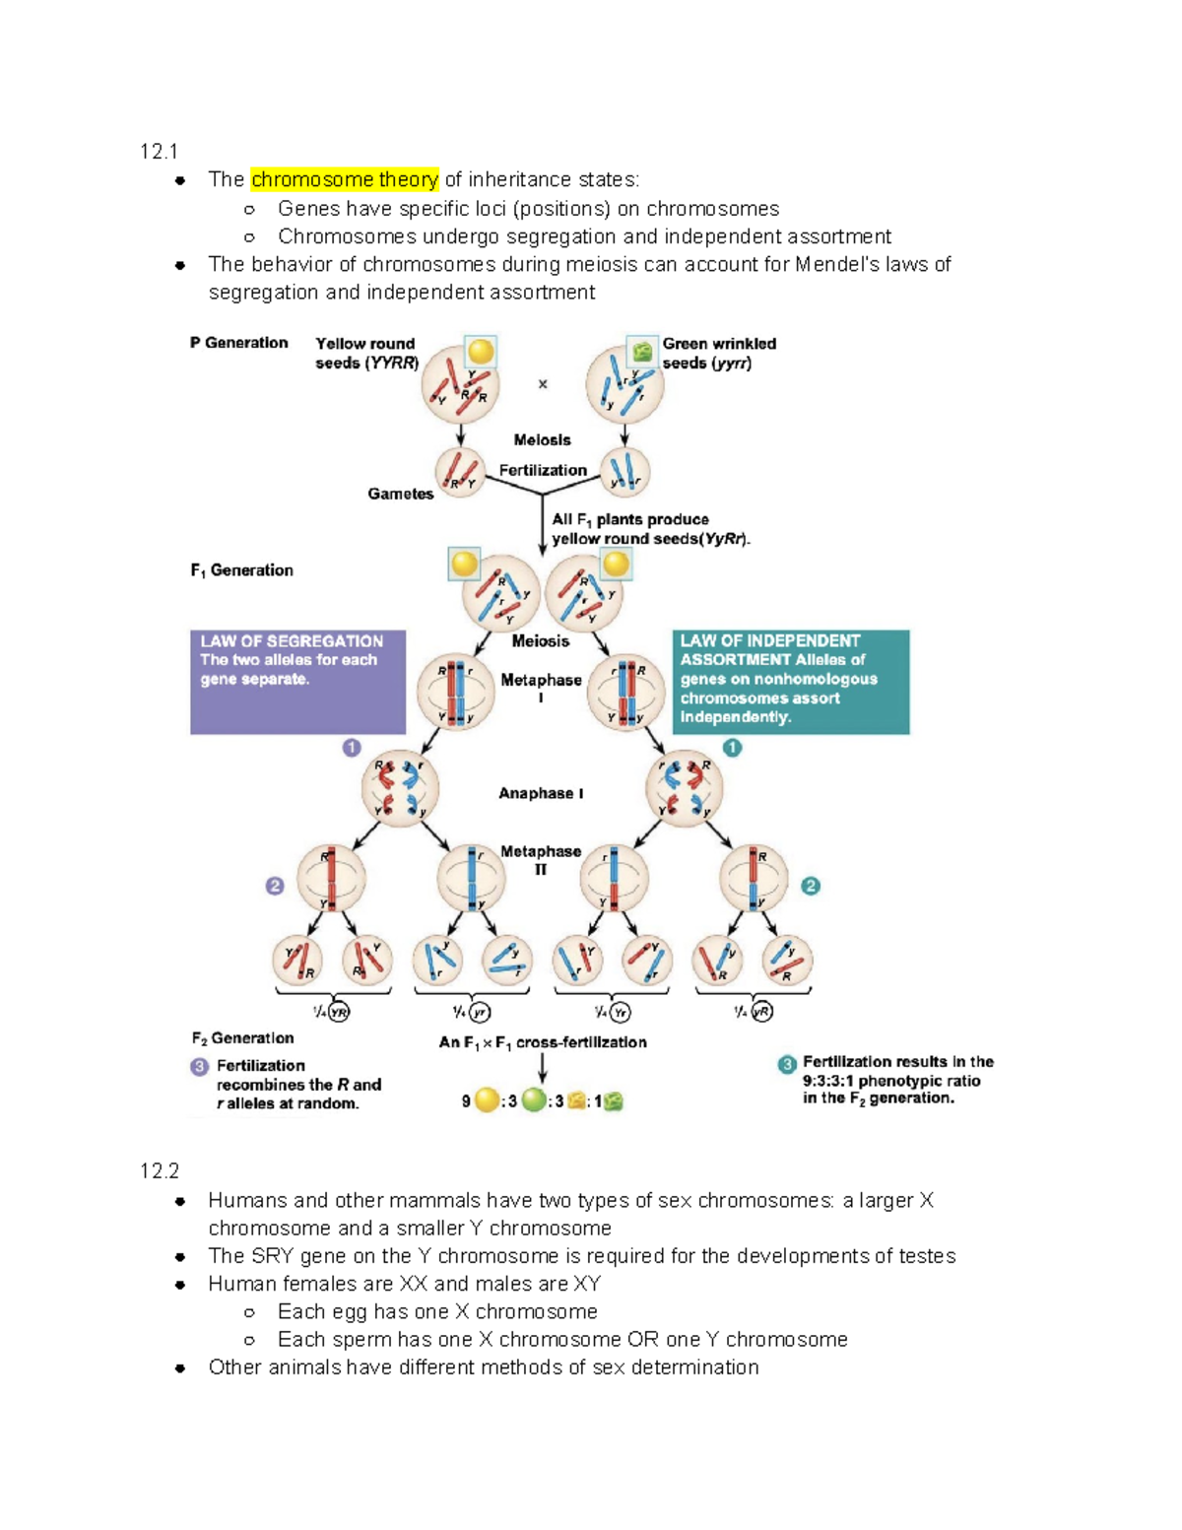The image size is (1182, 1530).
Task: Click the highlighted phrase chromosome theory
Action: coord(344,179)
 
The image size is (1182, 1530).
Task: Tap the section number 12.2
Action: coord(160,1170)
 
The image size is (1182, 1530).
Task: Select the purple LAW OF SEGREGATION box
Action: coord(297,682)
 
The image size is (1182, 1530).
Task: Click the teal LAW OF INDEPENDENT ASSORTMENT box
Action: coord(790,682)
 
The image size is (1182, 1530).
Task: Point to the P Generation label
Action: coord(239,343)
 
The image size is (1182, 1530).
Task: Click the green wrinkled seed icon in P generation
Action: coord(642,351)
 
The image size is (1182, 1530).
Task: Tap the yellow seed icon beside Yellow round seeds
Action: coord(481,351)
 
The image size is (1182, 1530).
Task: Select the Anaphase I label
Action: coord(541,793)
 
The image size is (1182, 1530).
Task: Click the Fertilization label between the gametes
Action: coord(543,470)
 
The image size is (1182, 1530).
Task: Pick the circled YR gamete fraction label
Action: coord(339,1012)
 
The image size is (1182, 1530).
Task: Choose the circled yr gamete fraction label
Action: coord(480,1012)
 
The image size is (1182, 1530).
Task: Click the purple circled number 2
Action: coord(275,886)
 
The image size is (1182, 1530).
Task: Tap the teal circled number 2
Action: coord(811,886)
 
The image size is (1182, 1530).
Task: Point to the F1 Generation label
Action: coord(242,570)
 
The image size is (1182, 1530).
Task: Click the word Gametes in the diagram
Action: coord(401,494)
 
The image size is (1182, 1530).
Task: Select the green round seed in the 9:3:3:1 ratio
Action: coord(533,1100)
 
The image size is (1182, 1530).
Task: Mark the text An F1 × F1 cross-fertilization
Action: coord(543,1042)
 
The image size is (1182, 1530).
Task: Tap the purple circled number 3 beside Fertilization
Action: coord(200,1067)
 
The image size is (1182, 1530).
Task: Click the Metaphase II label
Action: coord(541,860)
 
